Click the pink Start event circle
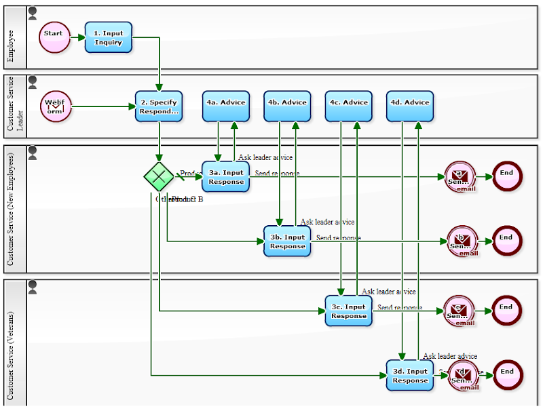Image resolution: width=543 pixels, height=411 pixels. [54, 37]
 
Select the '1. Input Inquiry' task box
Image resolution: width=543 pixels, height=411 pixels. [109, 37]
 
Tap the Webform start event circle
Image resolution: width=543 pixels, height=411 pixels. [55, 106]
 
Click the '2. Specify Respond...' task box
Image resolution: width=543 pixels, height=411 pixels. [159, 106]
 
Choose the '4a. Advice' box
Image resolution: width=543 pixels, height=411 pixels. [226, 106]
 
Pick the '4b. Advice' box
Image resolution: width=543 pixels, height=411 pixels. [287, 106]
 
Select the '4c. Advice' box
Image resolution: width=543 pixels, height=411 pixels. [348, 106]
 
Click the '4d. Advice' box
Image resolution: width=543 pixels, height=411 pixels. [409, 106]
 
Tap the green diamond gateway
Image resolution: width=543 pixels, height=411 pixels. [159, 176]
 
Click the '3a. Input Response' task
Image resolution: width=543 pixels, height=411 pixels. [226, 176]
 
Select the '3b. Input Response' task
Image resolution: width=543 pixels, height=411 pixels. [287, 241]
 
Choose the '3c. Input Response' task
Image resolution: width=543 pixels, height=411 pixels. [348, 311]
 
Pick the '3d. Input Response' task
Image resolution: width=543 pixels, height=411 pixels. [410, 375]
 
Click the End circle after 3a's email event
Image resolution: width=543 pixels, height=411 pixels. [507, 176]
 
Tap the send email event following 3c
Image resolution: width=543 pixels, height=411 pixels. [460, 311]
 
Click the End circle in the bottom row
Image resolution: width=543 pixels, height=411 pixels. [507, 375]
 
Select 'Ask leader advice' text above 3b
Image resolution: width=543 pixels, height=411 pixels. [327, 222]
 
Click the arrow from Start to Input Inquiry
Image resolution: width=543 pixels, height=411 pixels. [77, 37]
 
